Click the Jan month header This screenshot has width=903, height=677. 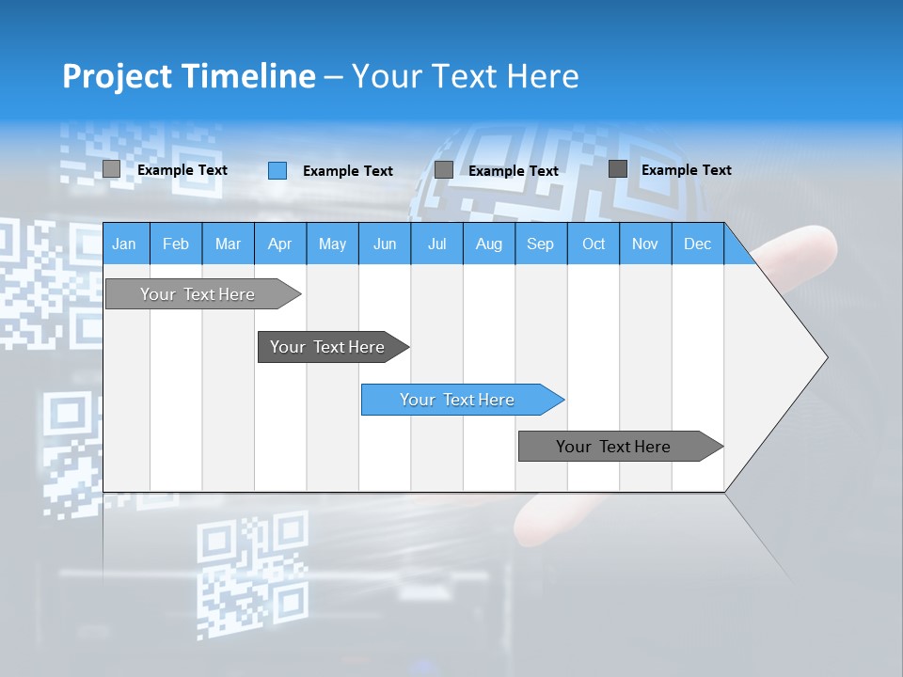(124, 244)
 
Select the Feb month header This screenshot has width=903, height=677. (176, 244)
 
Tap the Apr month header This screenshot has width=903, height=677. (279, 244)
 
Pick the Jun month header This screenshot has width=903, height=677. (385, 244)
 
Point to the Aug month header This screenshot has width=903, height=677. (488, 244)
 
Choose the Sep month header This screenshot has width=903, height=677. (540, 244)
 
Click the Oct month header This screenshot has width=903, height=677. (594, 244)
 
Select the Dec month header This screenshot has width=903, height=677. (697, 244)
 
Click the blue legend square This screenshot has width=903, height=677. (277, 170)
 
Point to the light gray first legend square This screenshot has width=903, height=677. (111, 169)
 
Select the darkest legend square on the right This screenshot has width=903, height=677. (618, 169)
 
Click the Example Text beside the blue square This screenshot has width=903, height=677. (348, 171)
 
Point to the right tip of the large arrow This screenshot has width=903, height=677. (826, 357)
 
